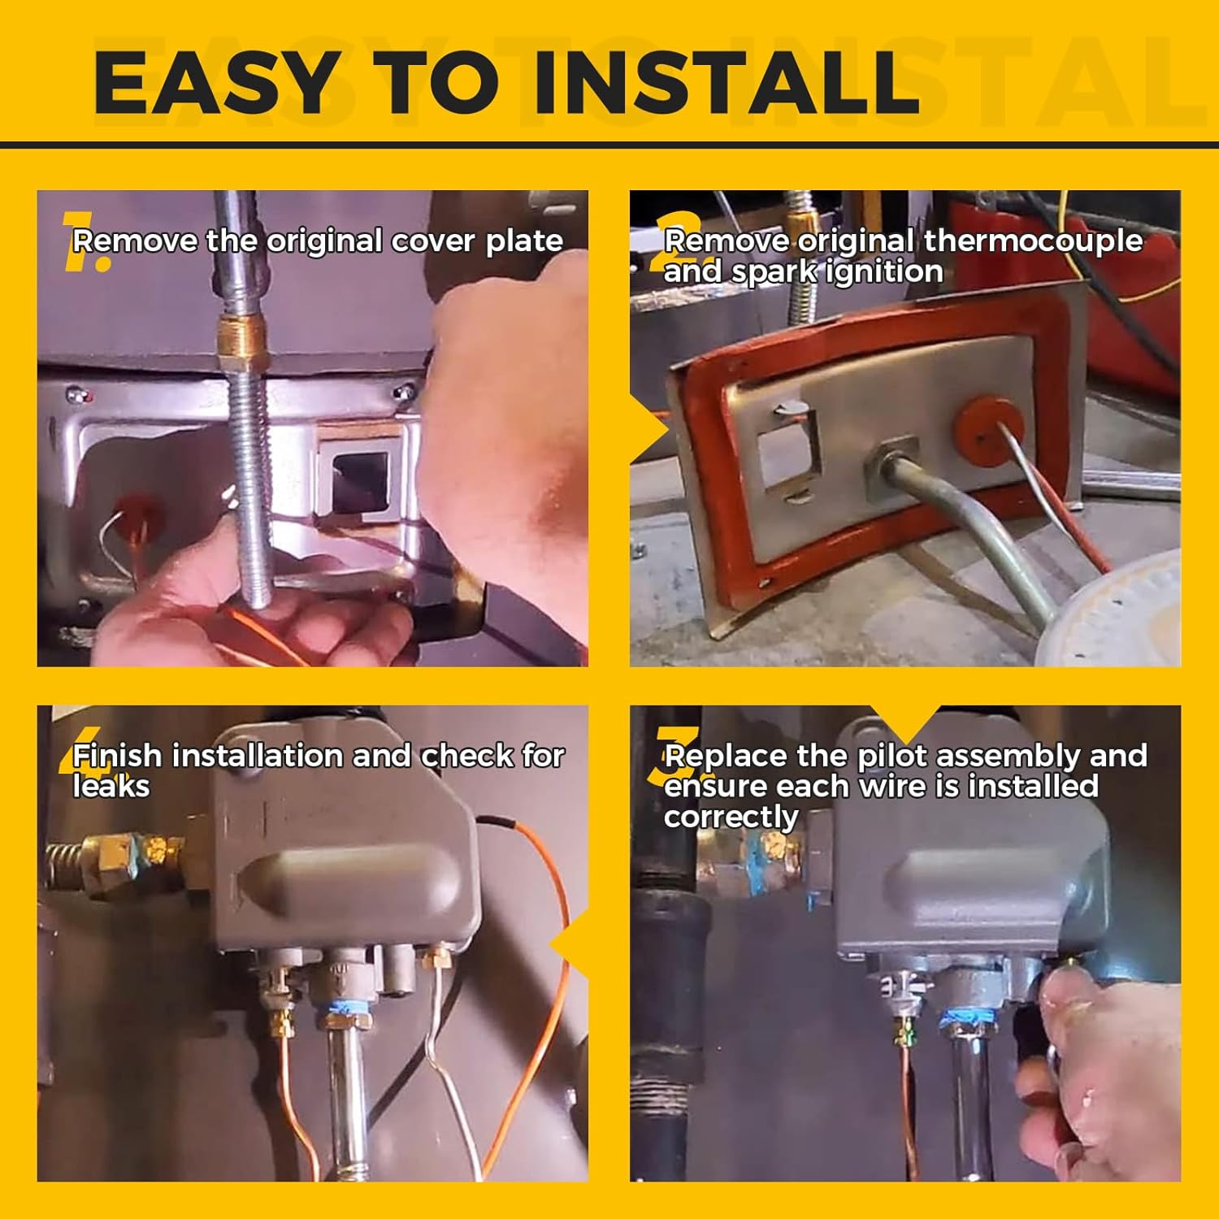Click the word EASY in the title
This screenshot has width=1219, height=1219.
(x=215, y=82)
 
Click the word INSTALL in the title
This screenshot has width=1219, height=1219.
(x=726, y=82)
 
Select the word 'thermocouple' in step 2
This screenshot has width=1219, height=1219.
(x=1033, y=241)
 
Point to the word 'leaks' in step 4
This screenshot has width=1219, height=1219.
(x=111, y=787)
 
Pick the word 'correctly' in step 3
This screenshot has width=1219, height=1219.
(x=731, y=817)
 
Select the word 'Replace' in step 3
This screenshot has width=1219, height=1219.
(x=727, y=757)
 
